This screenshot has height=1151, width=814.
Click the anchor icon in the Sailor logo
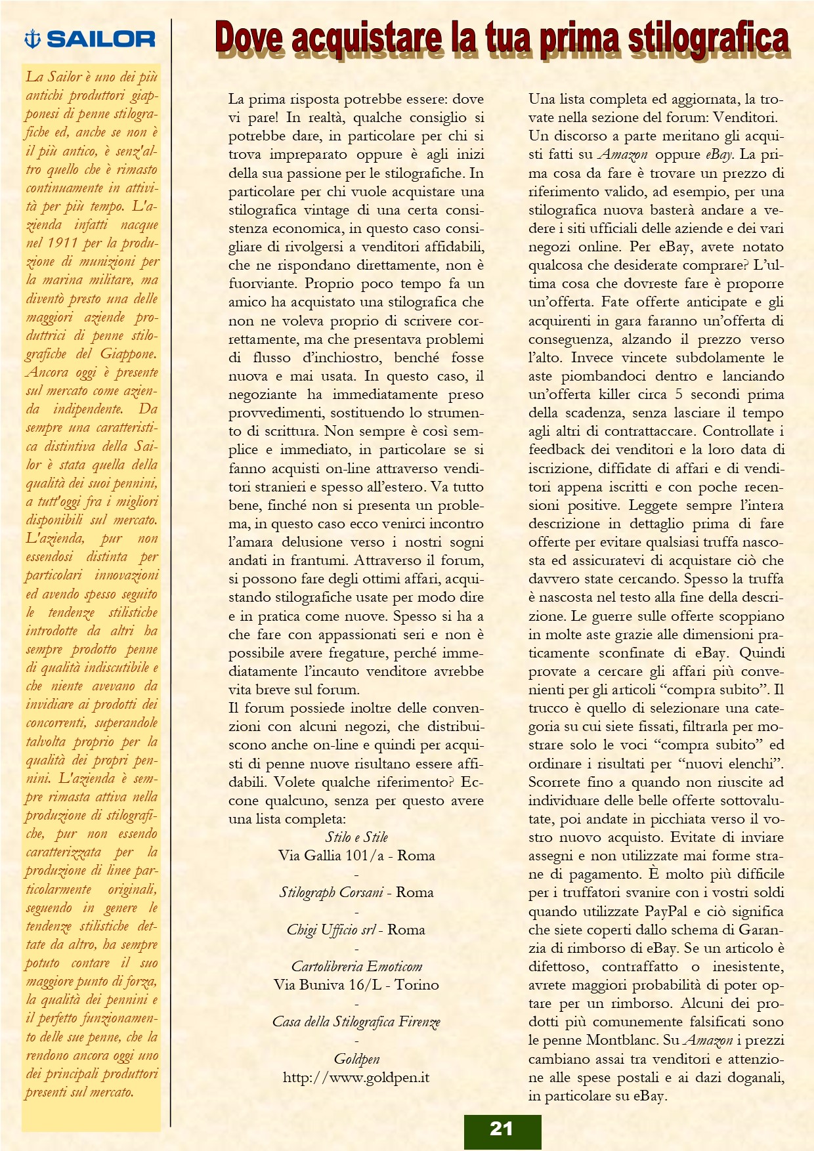(x=32, y=39)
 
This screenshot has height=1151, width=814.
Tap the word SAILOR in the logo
(x=100, y=39)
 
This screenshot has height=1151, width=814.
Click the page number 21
(x=502, y=1129)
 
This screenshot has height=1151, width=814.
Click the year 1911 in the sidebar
(x=62, y=243)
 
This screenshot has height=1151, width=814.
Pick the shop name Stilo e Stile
(x=356, y=837)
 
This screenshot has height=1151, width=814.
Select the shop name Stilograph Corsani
(x=332, y=892)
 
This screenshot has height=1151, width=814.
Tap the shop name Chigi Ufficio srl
(x=331, y=930)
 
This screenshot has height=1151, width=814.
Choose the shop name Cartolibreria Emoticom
(x=356, y=967)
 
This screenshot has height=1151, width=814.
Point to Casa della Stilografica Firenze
(x=356, y=1022)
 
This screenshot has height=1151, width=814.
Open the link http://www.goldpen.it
(x=356, y=1078)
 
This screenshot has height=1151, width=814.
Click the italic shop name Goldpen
(x=356, y=1058)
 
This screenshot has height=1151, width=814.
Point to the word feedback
(x=556, y=450)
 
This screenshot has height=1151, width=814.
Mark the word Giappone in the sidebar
(x=128, y=354)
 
